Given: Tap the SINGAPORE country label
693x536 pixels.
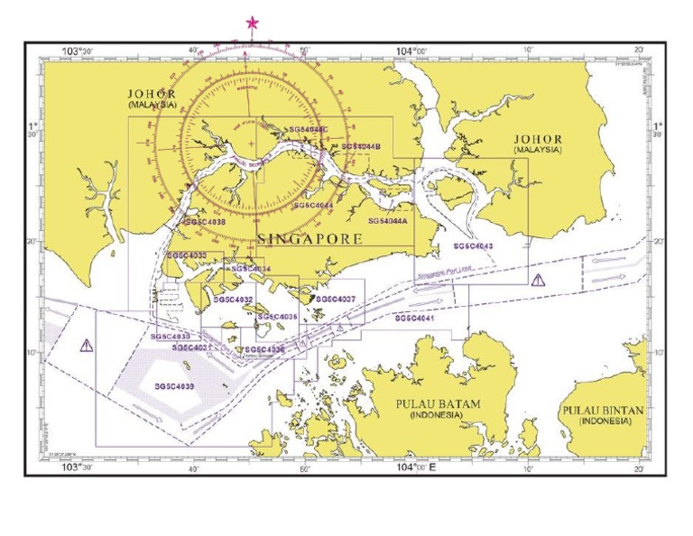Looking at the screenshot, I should click(x=310, y=239).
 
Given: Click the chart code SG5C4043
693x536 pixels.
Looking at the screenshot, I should click(x=473, y=245).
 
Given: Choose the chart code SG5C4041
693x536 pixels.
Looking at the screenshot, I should click(x=415, y=319).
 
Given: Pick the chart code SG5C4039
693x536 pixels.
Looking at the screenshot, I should click(x=174, y=386).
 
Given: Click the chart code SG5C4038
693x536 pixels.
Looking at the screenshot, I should click(x=205, y=221).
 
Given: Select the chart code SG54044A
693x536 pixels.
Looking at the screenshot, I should click(x=389, y=220).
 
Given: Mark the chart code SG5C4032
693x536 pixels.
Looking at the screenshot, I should click(x=233, y=300).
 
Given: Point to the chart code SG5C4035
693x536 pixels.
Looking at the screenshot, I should click(x=277, y=318).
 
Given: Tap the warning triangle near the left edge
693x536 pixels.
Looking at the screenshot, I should click(x=86, y=345).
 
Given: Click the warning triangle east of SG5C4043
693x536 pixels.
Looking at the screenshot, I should click(x=539, y=280).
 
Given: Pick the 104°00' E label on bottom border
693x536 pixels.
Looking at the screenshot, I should click(x=415, y=467).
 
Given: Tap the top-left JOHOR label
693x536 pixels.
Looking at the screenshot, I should click(x=151, y=94).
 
